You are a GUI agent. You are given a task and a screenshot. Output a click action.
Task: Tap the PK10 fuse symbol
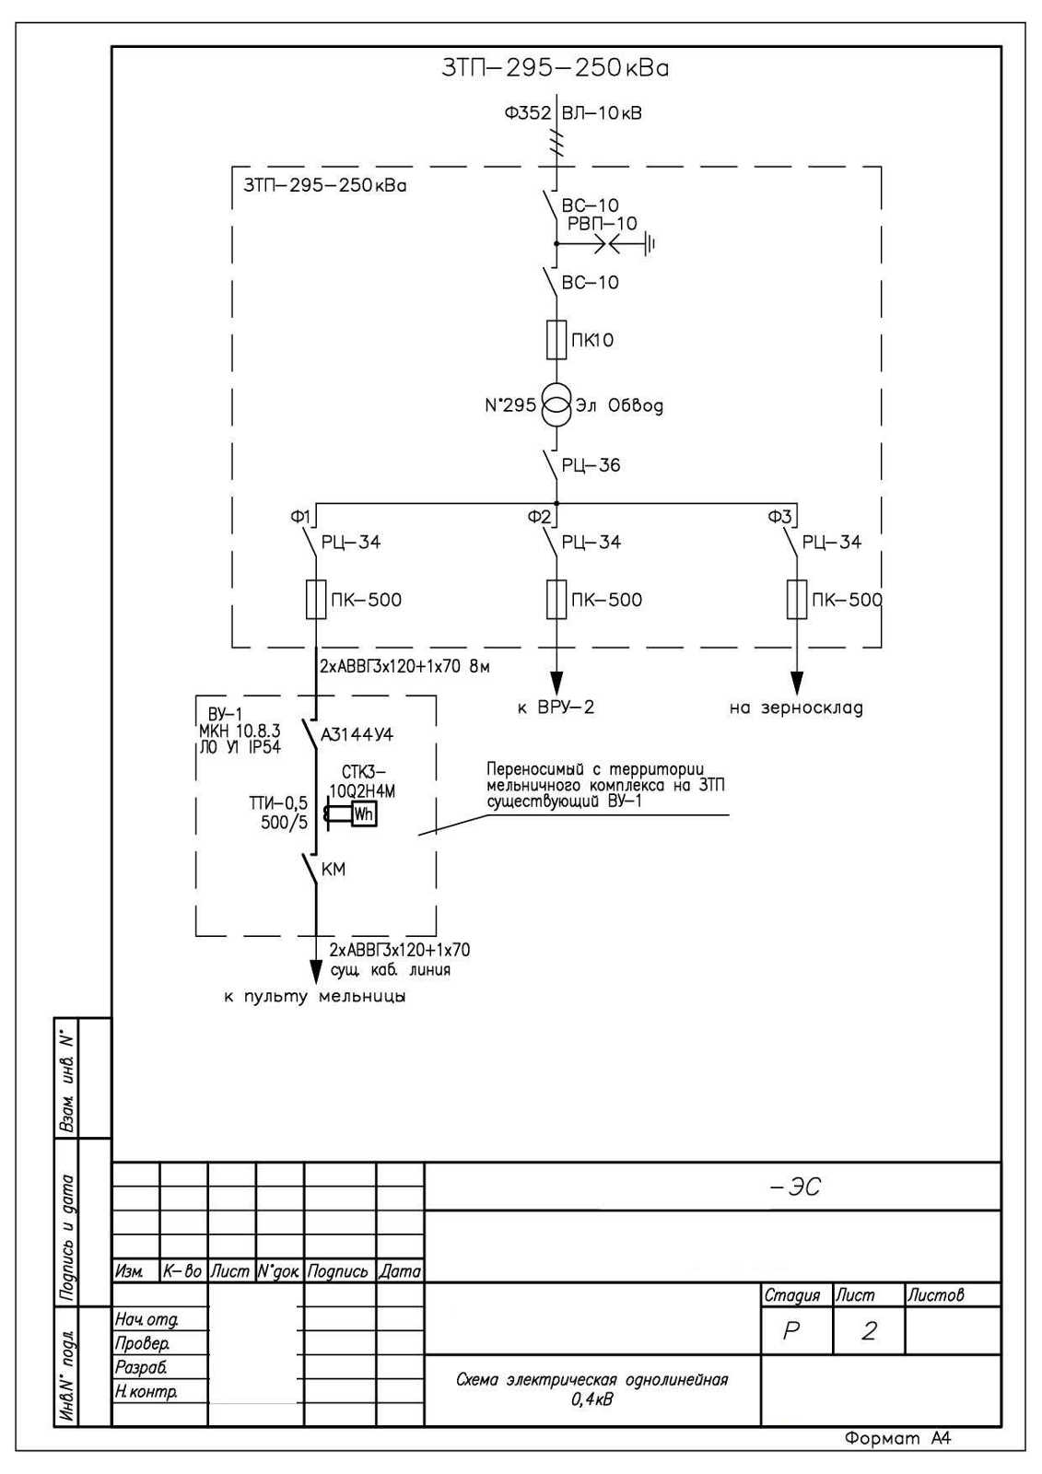(556, 340)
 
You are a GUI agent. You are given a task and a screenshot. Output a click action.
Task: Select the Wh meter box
(363, 814)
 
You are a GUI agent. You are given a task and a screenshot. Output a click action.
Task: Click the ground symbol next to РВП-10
(651, 244)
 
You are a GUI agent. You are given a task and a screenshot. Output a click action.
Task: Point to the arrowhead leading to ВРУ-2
(556, 683)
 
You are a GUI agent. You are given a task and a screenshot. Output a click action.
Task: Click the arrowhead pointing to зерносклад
(797, 683)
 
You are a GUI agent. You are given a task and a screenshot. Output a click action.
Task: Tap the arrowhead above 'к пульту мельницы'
(316, 971)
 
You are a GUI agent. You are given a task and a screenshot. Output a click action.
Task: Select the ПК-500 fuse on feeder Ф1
(316, 600)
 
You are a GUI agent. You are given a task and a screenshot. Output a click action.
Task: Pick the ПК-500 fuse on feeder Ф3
(797, 600)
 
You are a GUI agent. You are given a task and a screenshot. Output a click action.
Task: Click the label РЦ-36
(591, 465)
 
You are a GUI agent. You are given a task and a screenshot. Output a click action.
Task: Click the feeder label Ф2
(539, 517)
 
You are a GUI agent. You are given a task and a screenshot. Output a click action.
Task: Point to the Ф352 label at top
(527, 113)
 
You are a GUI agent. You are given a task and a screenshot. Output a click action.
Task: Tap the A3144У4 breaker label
(357, 735)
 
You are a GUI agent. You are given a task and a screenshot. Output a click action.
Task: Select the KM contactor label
(334, 869)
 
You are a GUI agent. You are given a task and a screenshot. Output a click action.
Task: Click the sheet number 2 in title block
(868, 1331)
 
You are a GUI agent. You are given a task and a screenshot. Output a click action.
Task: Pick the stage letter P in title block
(790, 1331)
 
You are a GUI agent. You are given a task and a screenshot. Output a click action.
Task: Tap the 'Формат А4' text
(897, 1438)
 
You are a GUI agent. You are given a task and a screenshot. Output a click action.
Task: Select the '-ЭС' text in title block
(795, 1187)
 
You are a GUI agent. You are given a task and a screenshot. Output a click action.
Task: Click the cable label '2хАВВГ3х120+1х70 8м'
(404, 666)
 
